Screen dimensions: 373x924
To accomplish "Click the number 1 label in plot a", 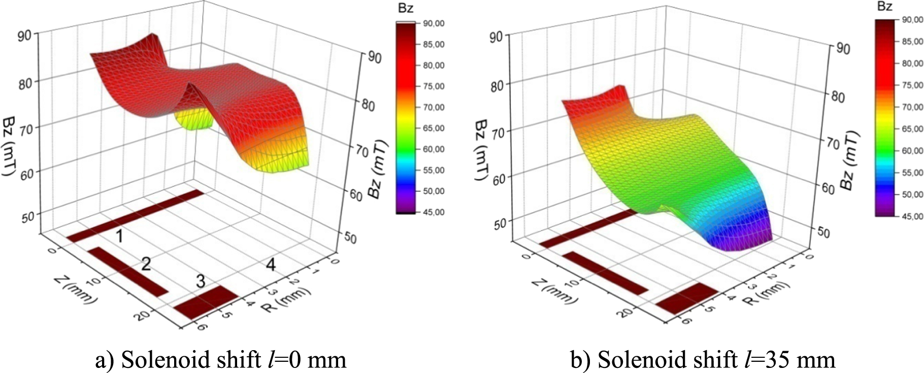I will click(x=119, y=236).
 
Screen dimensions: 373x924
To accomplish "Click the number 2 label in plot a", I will click(x=146, y=263).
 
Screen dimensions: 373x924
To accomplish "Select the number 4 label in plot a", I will click(x=271, y=264).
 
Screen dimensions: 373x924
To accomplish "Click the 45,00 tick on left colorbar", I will click(x=433, y=212).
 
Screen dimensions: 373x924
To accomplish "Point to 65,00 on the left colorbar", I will click(x=433, y=128).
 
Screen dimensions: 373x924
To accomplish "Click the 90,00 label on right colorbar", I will click(x=912, y=20).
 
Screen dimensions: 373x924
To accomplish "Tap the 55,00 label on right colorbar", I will click(x=912, y=173).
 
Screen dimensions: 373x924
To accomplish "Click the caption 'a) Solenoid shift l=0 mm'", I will click(x=221, y=359).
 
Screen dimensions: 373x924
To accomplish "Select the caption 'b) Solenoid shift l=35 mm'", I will click(x=703, y=359).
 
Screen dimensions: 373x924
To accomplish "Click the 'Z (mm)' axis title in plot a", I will click(x=75, y=290).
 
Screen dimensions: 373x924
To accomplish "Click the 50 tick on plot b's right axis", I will click(x=823, y=232).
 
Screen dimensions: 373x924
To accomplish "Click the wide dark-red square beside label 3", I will click(x=206, y=303).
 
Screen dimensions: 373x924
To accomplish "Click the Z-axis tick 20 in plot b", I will click(x=626, y=311).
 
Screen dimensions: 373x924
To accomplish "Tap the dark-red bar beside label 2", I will click(x=128, y=272).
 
